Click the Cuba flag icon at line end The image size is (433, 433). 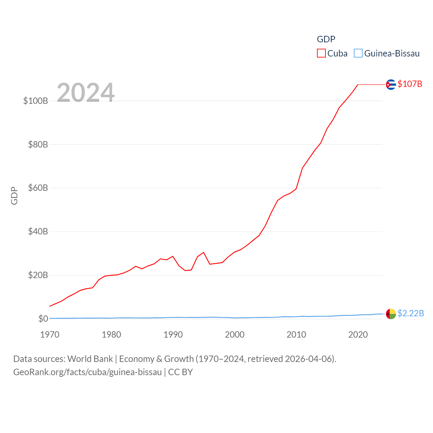[391, 84]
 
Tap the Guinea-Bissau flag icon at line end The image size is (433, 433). [391, 314]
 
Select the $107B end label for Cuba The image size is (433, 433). [410, 84]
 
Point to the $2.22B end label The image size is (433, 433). [411, 314]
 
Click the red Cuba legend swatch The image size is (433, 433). [321, 53]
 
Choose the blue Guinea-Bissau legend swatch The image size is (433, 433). [358, 53]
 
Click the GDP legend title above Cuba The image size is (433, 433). [326, 39]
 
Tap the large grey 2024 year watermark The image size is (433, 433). [86, 93]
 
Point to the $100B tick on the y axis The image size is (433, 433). [36, 101]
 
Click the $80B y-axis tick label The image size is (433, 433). [38, 145]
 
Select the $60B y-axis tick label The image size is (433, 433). [38, 188]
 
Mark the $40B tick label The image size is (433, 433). [38, 232]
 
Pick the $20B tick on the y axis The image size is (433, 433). [38, 275]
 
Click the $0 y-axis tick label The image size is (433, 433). [43, 319]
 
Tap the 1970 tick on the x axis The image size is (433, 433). [50, 335]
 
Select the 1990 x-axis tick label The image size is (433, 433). [173, 335]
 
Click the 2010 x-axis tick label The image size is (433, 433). [296, 335]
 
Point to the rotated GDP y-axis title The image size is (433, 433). [14, 196]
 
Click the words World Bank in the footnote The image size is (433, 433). [90, 359]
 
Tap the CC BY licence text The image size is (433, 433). [180, 372]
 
